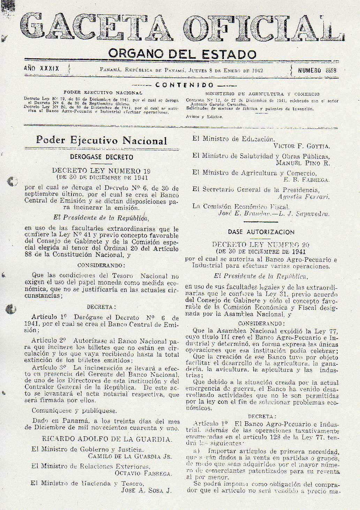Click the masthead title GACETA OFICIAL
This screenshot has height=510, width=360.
click(x=181, y=28)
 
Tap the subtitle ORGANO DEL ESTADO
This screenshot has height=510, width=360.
click(x=182, y=54)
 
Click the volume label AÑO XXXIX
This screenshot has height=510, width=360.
click(x=42, y=69)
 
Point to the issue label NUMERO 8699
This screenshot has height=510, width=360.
click(x=317, y=70)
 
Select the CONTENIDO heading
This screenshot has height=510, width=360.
click(x=184, y=85)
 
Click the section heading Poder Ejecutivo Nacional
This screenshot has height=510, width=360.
click(x=102, y=141)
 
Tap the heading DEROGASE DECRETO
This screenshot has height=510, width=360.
click(x=102, y=157)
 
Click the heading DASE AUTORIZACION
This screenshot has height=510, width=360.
click(x=261, y=232)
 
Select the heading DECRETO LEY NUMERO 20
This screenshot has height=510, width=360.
click(x=261, y=245)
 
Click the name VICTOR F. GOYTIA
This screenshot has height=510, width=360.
click(x=301, y=146)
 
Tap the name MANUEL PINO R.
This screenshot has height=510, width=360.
click(x=302, y=163)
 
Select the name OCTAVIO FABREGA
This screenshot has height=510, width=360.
click(x=143, y=473)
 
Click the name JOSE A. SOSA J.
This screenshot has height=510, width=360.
click(x=146, y=490)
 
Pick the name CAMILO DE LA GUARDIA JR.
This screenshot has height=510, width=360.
click(x=130, y=456)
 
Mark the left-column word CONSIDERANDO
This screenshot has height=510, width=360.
click(x=100, y=266)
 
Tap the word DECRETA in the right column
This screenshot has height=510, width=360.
click(x=262, y=416)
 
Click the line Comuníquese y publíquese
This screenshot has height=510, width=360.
click(x=74, y=411)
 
